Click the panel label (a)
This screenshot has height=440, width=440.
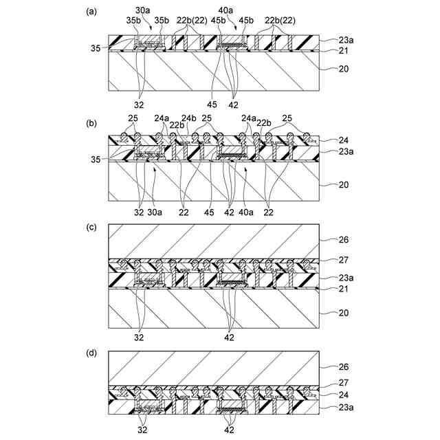(x=89, y=12)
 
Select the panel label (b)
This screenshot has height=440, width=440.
(x=89, y=124)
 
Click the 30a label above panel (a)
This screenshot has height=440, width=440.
(x=143, y=10)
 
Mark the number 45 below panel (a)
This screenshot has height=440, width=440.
(x=211, y=104)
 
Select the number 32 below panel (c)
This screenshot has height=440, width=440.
(x=139, y=338)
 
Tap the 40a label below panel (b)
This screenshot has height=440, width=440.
(x=246, y=212)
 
